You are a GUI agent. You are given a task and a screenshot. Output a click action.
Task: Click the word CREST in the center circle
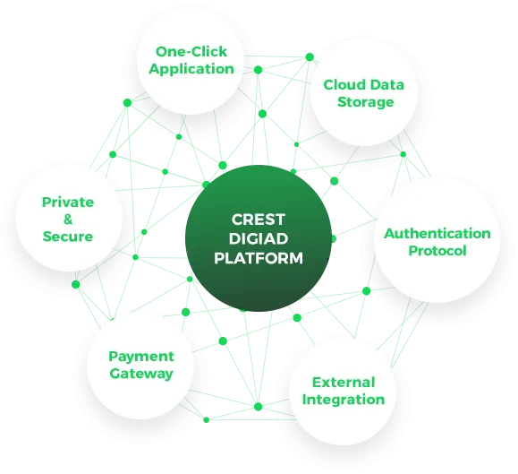[x=258, y=220]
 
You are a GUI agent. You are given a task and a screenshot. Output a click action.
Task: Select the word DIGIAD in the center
[x=259, y=238]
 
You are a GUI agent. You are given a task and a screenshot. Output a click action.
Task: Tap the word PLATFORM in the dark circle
[x=259, y=258]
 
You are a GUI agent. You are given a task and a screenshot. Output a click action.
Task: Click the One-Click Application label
[x=191, y=60]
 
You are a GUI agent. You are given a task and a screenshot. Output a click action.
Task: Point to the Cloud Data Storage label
[x=364, y=93]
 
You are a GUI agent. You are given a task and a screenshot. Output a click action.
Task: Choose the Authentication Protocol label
[x=437, y=242]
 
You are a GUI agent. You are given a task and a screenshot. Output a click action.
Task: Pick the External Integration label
[x=344, y=391]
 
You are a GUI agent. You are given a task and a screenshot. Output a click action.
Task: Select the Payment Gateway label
[x=141, y=366]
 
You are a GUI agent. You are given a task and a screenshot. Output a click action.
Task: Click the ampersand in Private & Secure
[x=68, y=219]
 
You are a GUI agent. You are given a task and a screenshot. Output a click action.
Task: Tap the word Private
[x=68, y=202]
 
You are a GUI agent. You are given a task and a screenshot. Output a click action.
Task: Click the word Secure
[x=68, y=237]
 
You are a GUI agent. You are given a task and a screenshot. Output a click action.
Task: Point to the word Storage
[x=365, y=102]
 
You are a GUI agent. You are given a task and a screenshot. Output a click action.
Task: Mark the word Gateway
[x=141, y=374]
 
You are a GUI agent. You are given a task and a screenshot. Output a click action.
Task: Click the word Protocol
[x=437, y=250]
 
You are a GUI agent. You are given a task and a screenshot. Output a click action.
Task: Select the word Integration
[x=344, y=400]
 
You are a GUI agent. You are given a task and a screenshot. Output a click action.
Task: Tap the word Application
[x=191, y=69]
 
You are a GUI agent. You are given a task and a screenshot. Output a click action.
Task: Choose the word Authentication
[x=437, y=234]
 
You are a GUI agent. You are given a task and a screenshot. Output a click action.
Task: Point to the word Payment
[x=141, y=357]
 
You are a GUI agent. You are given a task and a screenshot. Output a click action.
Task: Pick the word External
[x=344, y=383]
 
